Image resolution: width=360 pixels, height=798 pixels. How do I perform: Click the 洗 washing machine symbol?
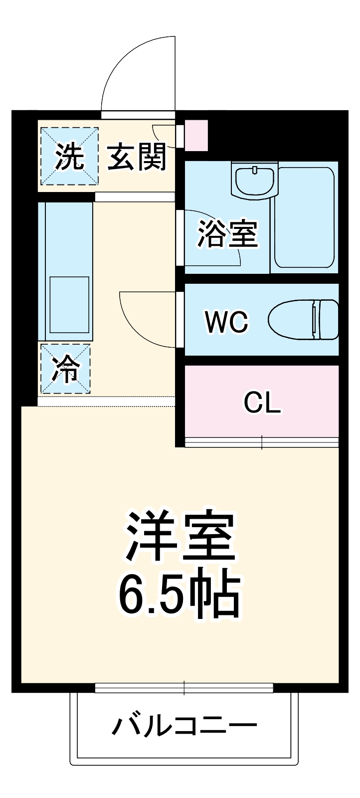tap(69, 156)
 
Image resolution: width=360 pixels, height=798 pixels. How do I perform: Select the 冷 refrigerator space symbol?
tap(66, 369)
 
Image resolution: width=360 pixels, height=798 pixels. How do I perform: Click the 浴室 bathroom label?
tap(227, 233)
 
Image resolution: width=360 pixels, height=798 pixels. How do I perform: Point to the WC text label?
tap(227, 322)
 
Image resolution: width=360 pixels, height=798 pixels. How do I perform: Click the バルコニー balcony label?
tap(184, 726)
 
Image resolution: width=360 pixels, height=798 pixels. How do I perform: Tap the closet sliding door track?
tap(262, 441)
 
